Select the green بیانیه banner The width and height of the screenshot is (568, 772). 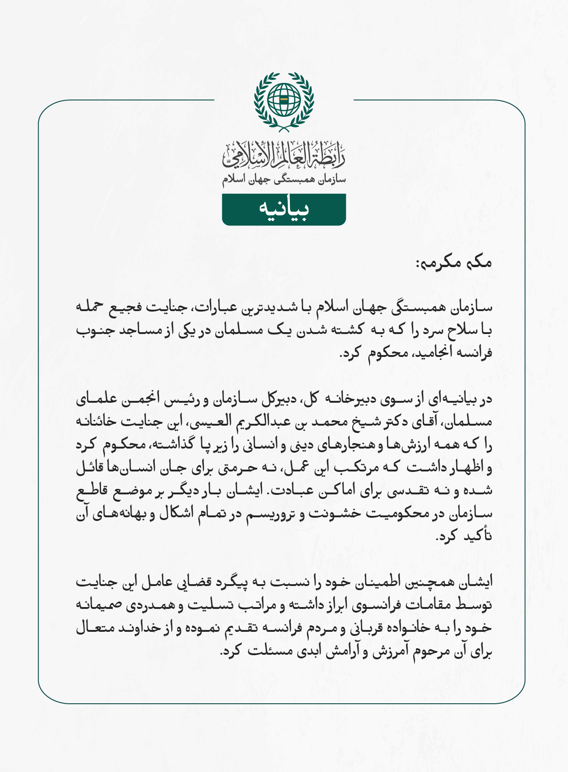pyautogui.click(x=284, y=209)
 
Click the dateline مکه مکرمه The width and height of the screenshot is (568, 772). pyautogui.click(x=453, y=263)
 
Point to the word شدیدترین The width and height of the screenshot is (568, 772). pyautogui.click(x=275, y=307)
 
